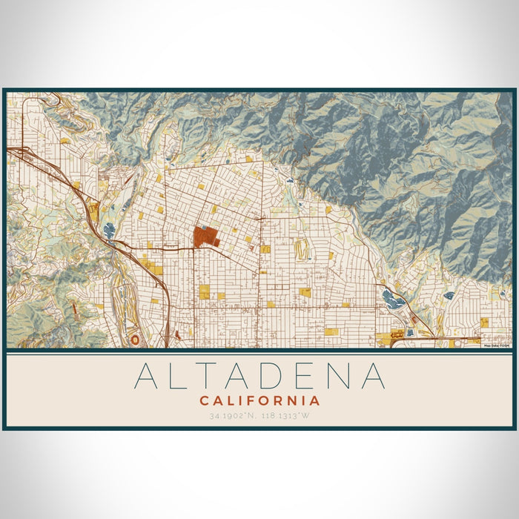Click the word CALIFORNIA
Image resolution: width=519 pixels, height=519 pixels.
tap(259, 400)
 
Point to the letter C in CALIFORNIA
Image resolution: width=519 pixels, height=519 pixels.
tap(204, 400)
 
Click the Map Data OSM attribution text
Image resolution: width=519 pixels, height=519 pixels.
tap(496, 345)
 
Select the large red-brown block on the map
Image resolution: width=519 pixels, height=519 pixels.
tap(205, 237)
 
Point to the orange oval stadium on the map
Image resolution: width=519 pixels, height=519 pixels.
tap(134, 339)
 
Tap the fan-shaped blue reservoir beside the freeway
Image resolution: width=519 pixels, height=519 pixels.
tap(110, 231)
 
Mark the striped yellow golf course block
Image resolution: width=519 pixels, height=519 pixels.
tap(302, 250)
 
